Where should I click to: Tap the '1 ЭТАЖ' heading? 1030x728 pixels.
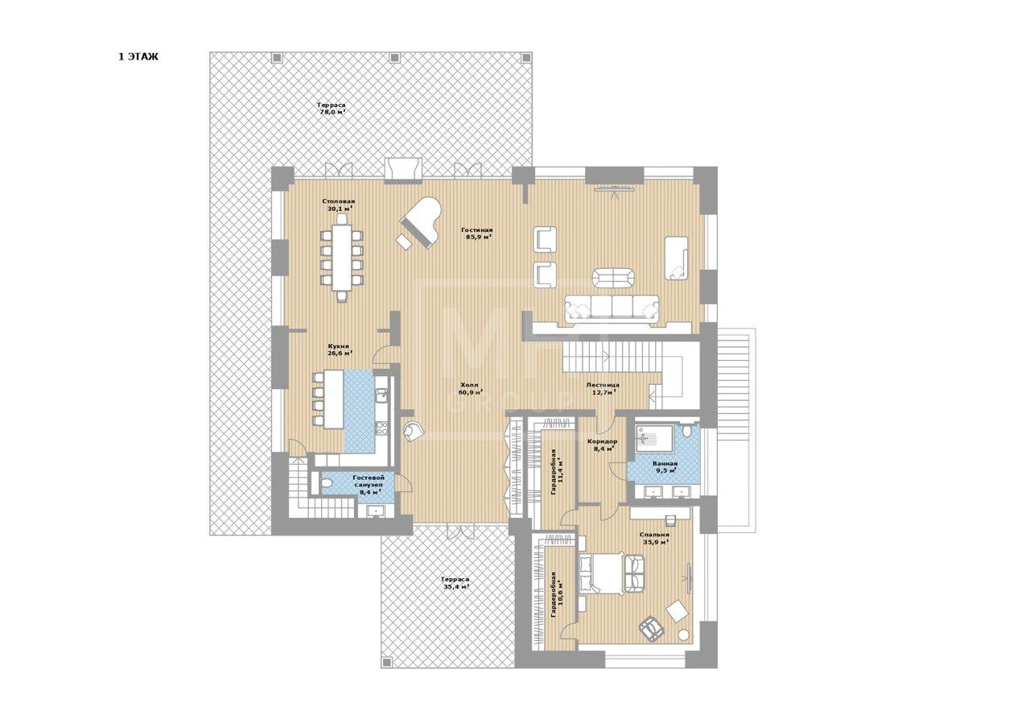[138, 57]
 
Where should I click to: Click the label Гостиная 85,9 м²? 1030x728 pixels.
[477, 234]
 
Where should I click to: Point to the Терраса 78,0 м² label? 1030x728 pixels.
[332, 108]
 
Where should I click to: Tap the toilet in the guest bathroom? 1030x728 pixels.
[326, 484]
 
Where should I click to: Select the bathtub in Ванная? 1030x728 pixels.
[654, 436]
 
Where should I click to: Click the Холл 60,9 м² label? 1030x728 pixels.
[470, 388]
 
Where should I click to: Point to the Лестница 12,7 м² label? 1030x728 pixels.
[603, 388]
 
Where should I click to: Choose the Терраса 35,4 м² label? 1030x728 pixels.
[455, 583]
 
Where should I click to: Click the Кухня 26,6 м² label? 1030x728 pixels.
[340, 350]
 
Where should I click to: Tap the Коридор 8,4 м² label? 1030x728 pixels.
[603, 445]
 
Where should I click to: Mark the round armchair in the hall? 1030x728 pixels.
[414, 432]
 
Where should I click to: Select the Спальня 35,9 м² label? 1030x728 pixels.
[654, 539]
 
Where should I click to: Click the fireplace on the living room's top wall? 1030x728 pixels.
[403, 170]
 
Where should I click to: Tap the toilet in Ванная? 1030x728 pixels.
[687, 432]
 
